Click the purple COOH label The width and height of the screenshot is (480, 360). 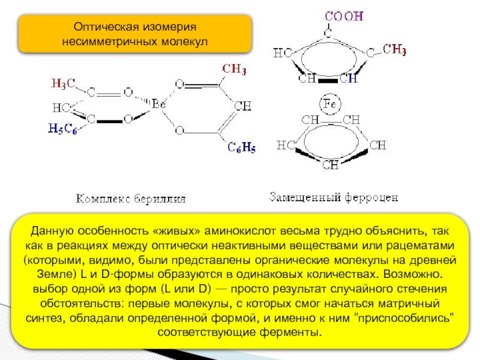(x=344, y=17)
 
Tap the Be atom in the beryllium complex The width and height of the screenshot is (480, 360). (x=158, y=104)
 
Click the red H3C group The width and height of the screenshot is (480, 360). (x=63, y=83)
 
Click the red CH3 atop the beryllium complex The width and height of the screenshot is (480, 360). (x=235, y=70)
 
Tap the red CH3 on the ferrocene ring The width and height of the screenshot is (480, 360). (x=394, y=49)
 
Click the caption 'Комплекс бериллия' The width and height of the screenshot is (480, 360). (x=131, y=198)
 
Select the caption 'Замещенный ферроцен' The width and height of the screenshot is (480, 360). (x=333, y=196)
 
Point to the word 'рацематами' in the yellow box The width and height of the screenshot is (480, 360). (x=423, y=246)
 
